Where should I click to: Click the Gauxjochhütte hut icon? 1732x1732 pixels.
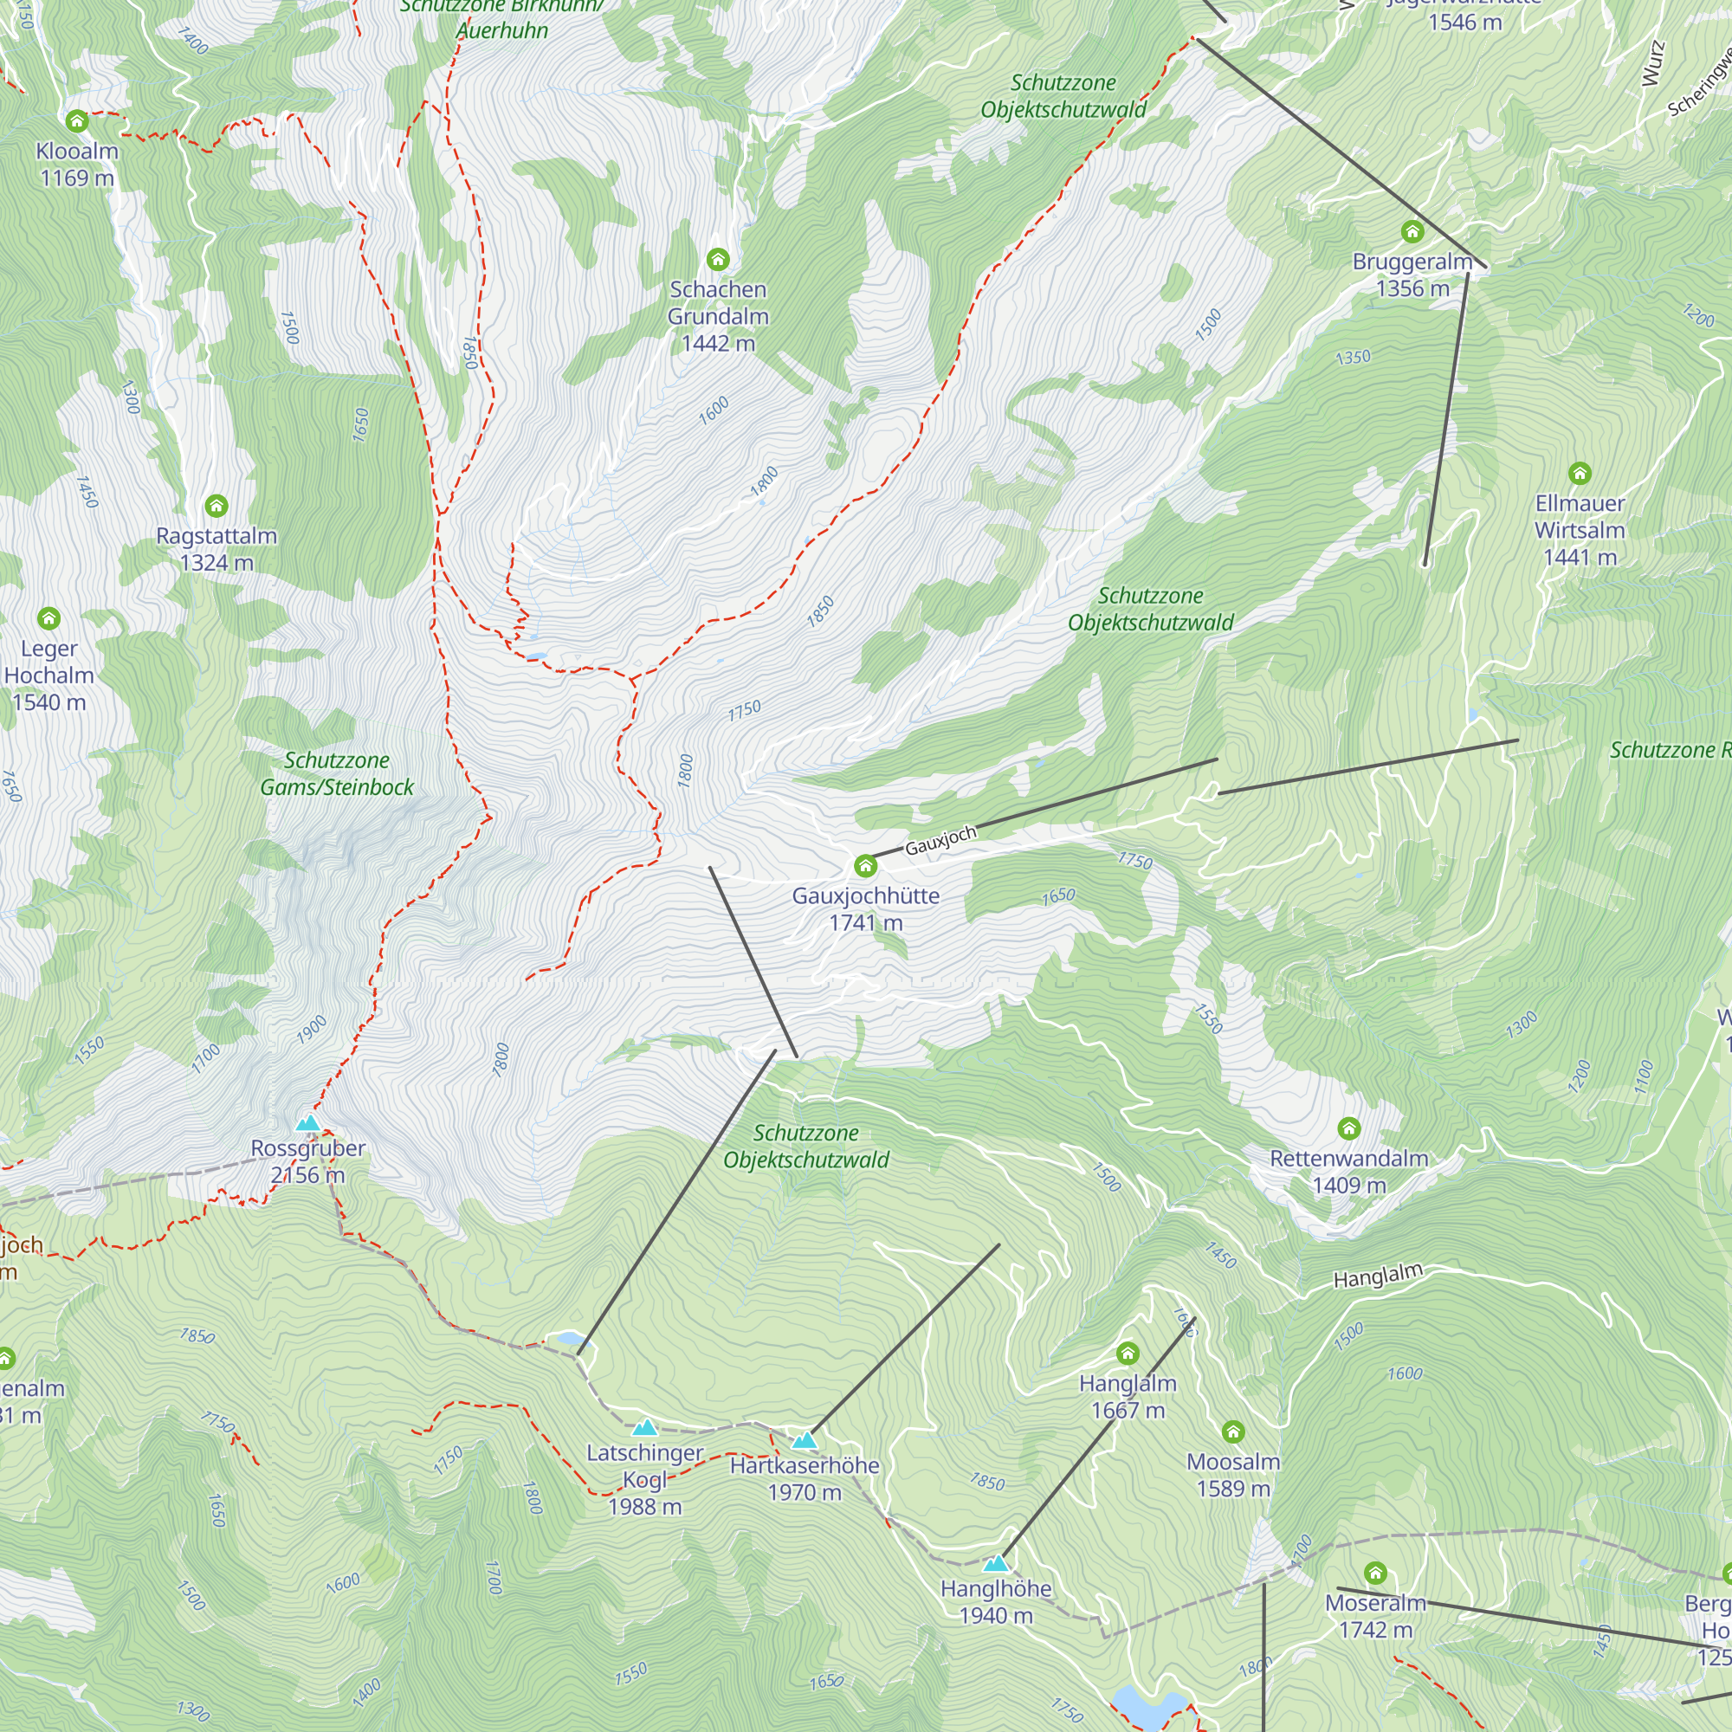(865, 866)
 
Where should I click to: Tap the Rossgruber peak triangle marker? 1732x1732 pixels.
(307, 1123)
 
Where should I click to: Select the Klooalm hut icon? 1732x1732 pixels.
(76, 120)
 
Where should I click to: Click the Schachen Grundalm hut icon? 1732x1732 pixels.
(717, 260)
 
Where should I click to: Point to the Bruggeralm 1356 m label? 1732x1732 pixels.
(1412, 275)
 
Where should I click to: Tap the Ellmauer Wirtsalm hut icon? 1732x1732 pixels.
(1580, 473)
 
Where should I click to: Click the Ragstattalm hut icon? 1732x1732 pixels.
(216, 506)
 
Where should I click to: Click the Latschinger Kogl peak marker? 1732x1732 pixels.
(644, 1428)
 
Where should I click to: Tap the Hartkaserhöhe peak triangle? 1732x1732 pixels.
(805, 1441)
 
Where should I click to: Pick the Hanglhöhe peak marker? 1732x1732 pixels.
(996, 1564)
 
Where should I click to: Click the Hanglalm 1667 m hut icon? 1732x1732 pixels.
(1128, 1353)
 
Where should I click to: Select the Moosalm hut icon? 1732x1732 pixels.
(1233, 1431)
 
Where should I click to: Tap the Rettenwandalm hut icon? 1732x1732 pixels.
(1348, 1128)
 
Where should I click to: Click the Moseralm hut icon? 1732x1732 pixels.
(1375, 1573)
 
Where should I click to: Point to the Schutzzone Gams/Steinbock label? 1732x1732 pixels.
(337, 773)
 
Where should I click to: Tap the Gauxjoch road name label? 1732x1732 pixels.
(940, 841)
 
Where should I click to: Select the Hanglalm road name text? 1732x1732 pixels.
(1378, 1276)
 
